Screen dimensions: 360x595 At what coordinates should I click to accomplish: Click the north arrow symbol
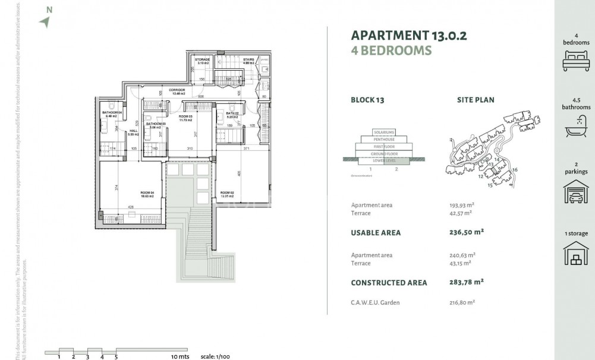pyautogui.click(x=45, y=22)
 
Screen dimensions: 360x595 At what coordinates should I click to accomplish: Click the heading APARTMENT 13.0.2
pyautogui.click(x=409, y=35)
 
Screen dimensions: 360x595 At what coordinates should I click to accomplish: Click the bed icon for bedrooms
pyautogui.click(x=576, y=61)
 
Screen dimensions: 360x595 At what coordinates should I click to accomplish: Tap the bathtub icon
pyautogui.click(x=576, y=127)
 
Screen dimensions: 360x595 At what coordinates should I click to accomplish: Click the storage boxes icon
pyautogui.click(x=576, y=254)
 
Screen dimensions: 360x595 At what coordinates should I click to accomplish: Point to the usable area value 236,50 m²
pyautogui.click(x=467, y=233)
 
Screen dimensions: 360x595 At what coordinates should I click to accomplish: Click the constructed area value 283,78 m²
pyautogui.click(x=467, y=283)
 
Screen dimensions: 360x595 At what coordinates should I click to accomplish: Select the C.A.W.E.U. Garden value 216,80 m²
pyautogui.click(x=462, y=302)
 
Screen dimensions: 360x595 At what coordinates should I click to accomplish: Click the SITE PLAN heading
pyautogui.click(x=476, y=100)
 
